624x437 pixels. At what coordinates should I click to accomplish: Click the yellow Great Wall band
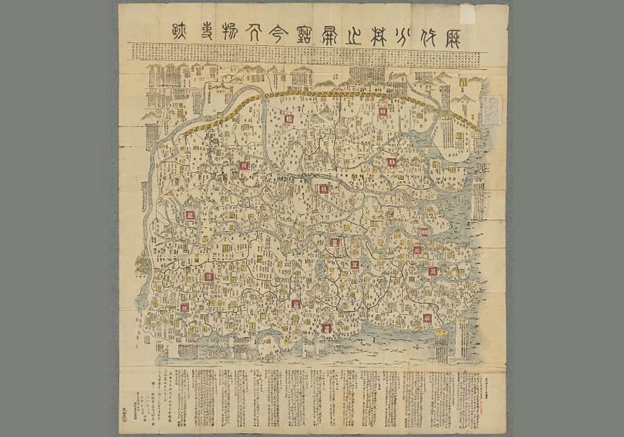[333, 94]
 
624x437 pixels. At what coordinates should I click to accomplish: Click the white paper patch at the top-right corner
[467, 13]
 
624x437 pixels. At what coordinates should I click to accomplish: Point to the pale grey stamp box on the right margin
[492, 110]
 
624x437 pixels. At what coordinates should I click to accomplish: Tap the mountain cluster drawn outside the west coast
[141, 264]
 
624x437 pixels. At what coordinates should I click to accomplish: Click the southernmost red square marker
[326, 328]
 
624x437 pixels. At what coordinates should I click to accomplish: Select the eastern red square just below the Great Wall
[382, 112]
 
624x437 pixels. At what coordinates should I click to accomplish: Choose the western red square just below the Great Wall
[288, 119]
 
